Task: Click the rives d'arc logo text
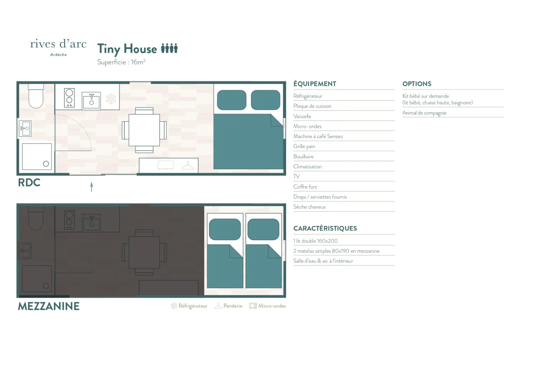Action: pyautogui.click(x=58, y=44)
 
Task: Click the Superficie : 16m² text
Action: pyautogui.click(x=122, y=62)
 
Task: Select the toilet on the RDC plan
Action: pyautogui.click(x=36, y=96)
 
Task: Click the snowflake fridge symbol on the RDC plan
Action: pyautogui.click(x=111, y=99)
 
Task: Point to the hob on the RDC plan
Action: pyautogui.click(x=69, y=98)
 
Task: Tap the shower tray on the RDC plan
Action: pyautogui.click(x=37, y=157)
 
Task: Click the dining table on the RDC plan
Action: pyautogui.click(x=144, y=130)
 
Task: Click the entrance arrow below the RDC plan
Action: pyautogui.click(x=92, y=187)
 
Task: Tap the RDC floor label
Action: pyautogui.click(x=29, y=182)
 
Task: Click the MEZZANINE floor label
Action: pyautogui.click(x=49, y=306)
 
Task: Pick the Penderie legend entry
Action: pyautogui.click(x=228, y=306)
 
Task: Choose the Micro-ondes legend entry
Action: pyautogui.click(x=268, y=306)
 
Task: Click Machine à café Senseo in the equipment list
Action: pyautogui.click(x=318, y=136)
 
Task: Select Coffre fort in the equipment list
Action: pyautogui.click(x=305, y=187)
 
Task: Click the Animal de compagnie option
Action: pyautogui.click(x=424, y=113)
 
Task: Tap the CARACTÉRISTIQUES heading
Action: pyautogui.click(x=325, y=228)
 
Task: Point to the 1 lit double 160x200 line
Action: pyautogui.click(x=316, y=241)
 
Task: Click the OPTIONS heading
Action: pyautogui.click(x=417, y=84)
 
